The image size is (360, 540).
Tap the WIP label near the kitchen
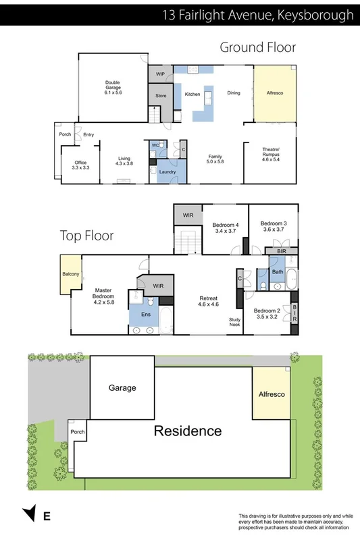pos(160,74)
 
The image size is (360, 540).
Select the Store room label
pos(161,96)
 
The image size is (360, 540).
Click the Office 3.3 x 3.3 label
pos(80,164)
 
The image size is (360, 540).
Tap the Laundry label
pos(168,172)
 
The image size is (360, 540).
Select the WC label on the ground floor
pos(155,145)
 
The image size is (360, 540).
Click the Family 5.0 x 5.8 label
pos(215,159)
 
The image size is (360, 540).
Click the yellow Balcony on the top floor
pos(70,274)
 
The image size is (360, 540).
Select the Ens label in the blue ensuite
pos(145,315)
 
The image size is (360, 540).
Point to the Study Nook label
pos(234,322)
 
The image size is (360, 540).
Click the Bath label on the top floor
pos(278,272)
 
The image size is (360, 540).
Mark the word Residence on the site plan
pos(187,431)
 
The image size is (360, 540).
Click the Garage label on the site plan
pos(122,387)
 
